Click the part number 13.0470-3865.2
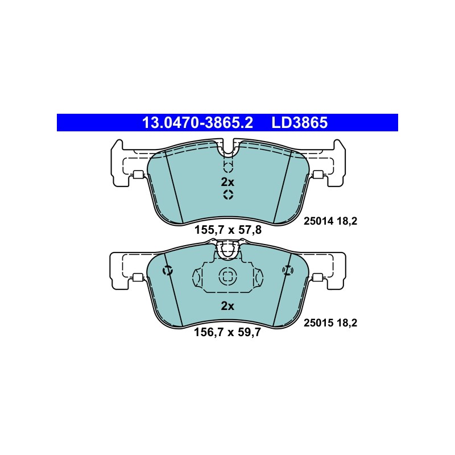click(x=197, y=122)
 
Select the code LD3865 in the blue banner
click(x=300, y=122)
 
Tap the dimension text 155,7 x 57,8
click(x=228, y=230)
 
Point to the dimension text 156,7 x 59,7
click(x=227, y=332)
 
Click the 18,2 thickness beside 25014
click(x=347, y=222)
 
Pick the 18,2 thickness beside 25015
click(x=347, y=323)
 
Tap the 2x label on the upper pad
click(x=227, y=182)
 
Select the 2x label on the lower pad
click(x=227, y=306)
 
